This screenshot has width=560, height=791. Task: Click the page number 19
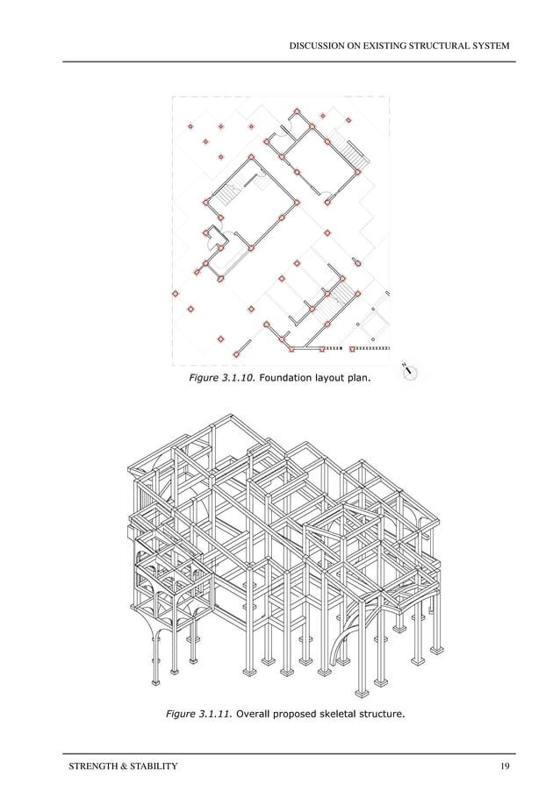tap(504, 766)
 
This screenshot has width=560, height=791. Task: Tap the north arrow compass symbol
tap(409, 373)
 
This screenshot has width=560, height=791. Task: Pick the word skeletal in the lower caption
tap(335, 715)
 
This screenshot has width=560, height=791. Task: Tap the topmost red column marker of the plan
tap(297, 112)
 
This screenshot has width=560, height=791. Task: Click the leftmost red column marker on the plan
tap(176, 294)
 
